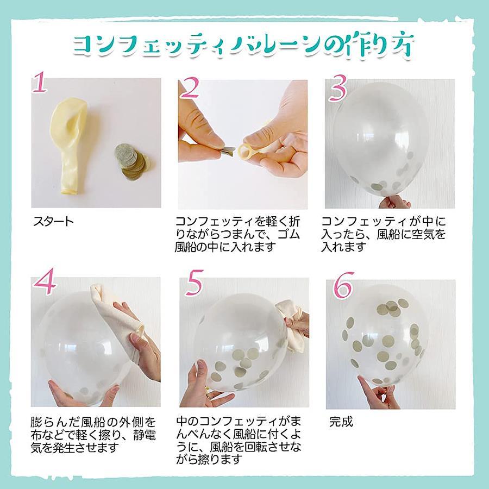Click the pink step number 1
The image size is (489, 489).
pyautogui.click(x=40, y=82)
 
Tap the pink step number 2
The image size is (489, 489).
pyautogui.click(x=190, y=87)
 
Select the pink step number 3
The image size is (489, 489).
pyautogui.click(x=338, y=87)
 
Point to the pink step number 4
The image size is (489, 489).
pyautogui.click(x=45, y=281)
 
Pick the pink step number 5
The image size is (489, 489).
pyautogui.click(x=194, y=283)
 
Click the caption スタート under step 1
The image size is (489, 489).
pyautogui.click(x=53, y=222)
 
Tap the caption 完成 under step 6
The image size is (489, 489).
pyautogui.click(x=341, y=422)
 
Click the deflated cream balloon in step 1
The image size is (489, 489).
pyautogui.click(x=70, y=143)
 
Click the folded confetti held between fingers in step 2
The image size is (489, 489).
pyautogui.click(x=229, y=151)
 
